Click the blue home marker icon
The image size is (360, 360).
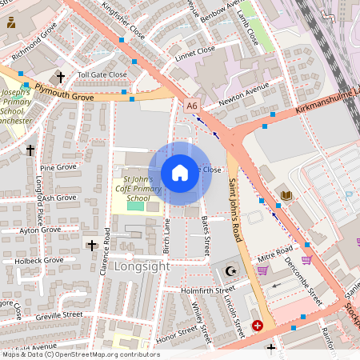click(x=180, y=173)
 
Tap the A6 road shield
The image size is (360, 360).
click(x=191, y=105)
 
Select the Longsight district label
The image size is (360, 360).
click(x=142, y=266)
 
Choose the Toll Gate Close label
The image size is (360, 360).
click(x=102, y=74)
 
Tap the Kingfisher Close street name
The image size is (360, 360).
click(x=123, y=22)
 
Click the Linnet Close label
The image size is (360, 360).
click(x=194, y=50)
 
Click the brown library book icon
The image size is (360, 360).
click(x=286, y=195)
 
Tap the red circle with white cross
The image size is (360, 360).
click(x=258, y=326)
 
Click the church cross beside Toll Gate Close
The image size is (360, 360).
click(x=61, y=77)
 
